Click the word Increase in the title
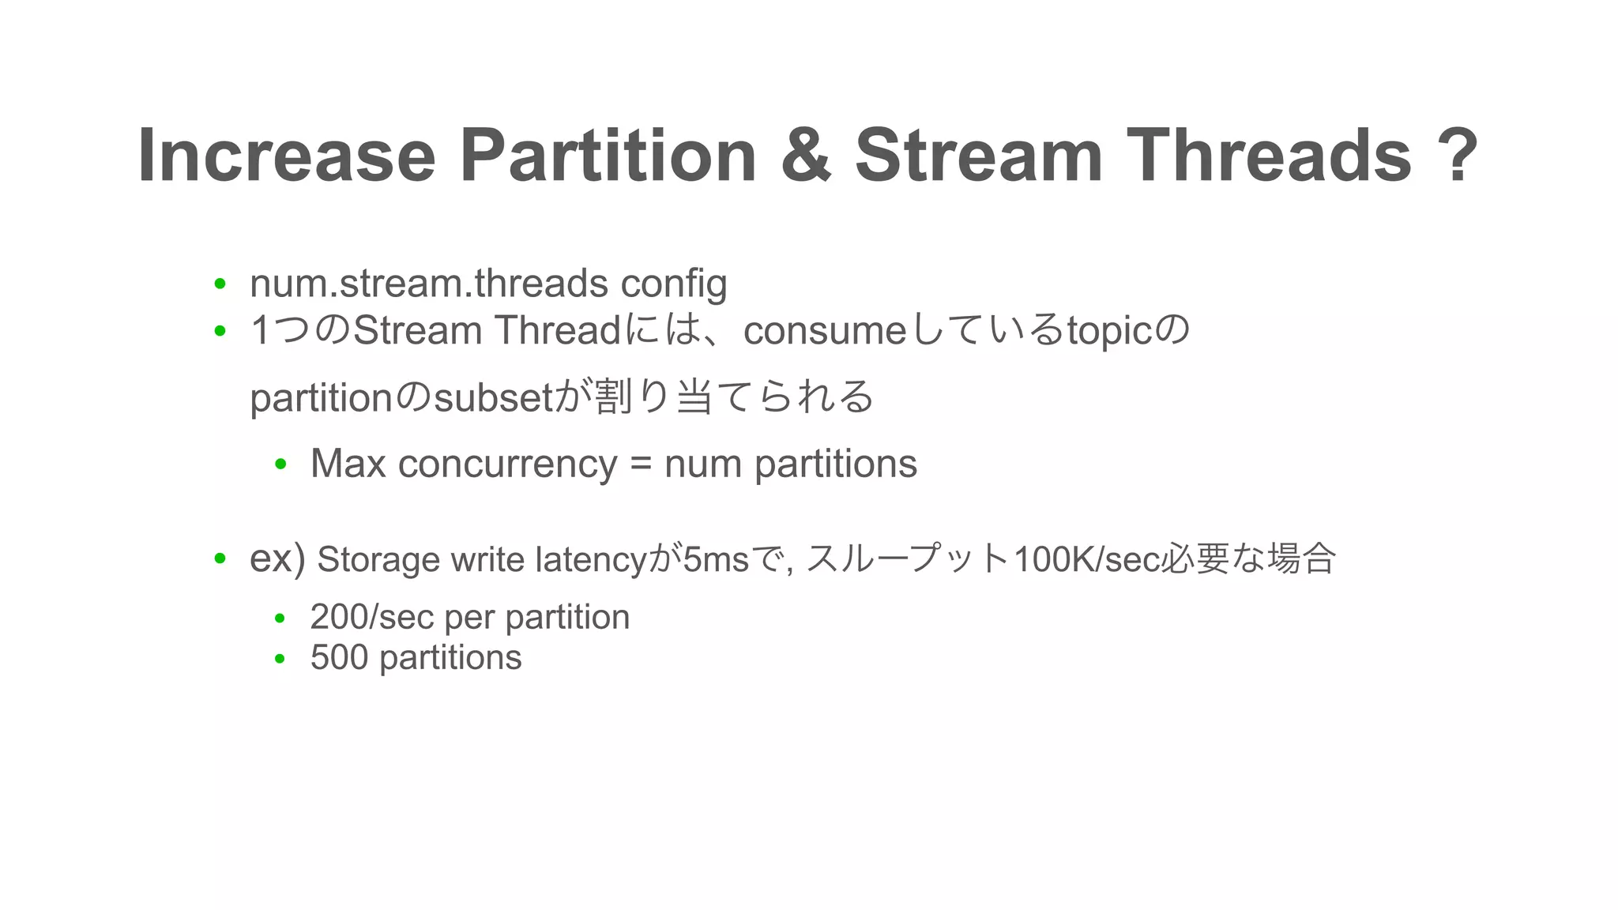click(286, 156)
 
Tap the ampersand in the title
click(805, 156)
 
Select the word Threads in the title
click(1268, 156)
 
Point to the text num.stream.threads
click(429, 284)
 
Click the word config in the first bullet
click(673, 285)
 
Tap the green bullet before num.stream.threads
click(220, 284)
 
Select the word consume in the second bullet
click(824, 331)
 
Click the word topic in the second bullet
click(1109, 333)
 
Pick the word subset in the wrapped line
click(493, 398)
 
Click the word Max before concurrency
click(348, 464)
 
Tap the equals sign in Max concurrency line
click(641, 465)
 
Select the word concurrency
click(507, 465)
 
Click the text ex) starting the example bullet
click(277, 559)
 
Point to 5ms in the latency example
click(716, 560)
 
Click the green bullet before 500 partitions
click(280, 658)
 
